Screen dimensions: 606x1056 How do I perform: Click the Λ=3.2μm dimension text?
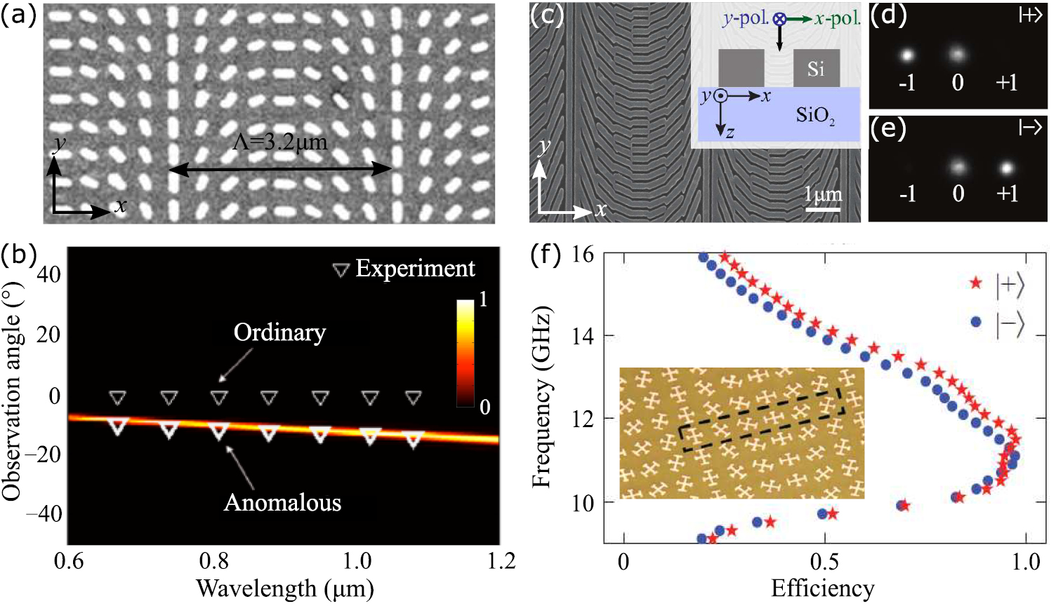[280, 142]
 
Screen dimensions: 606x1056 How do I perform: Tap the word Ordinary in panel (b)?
[279, 332]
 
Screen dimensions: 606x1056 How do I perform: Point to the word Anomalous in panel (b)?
[282, 502]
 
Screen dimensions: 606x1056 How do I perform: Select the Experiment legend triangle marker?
[341, 270]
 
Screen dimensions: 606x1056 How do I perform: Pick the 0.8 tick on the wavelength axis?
[213, 561]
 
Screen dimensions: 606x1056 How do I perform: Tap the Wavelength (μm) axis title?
[284, 588]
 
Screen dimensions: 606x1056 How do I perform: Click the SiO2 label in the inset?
[815, 115]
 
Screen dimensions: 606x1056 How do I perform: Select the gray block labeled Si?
[816, 68]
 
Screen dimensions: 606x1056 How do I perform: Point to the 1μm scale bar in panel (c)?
[823, 208]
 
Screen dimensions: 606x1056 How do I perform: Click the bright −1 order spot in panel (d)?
[906, 55]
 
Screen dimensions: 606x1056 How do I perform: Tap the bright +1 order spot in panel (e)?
[1006, 168]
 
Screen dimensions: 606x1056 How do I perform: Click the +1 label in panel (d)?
[1006, 83]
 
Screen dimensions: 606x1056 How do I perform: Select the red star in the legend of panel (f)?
[975, 283]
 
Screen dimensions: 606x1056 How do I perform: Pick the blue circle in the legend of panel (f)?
[975, 321]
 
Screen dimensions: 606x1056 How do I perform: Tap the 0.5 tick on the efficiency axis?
[824, 563]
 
